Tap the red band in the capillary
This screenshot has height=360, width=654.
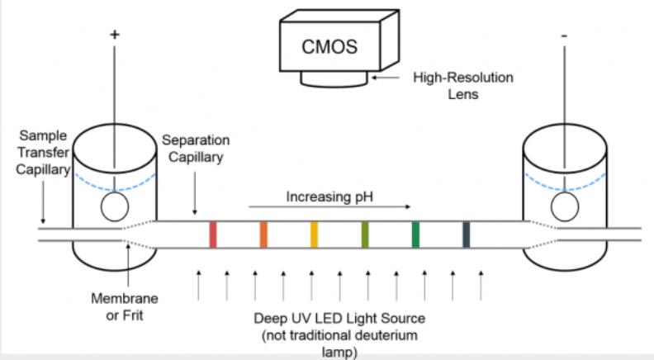point(213,234)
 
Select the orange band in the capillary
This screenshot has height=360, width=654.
point(263,234)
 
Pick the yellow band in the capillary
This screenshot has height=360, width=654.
point(314,234)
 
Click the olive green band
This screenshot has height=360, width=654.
point(364,234)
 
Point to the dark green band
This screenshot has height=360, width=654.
point(415,234)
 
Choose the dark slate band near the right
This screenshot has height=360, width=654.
point(466,234)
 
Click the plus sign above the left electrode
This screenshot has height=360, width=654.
point(114,36)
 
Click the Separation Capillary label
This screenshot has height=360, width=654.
point(192,149)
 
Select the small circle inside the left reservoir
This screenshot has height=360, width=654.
point(116,206)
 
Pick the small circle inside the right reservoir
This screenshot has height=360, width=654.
point(566,206)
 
